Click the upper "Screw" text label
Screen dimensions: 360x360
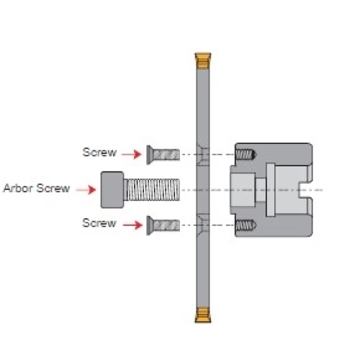pyautogui.click(x=99, y=152)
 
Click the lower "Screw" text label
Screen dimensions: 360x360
pyautogui.click(x=99, y=223)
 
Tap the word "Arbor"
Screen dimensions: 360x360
pyautogui.click(x=18, y=188)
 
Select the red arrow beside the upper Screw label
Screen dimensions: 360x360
pyautogui.click(x=132, y=154)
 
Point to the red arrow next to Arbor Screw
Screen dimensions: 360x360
pyautogui.click(x=86, y=189)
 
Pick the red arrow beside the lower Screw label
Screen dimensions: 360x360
pyautogui.click(x=132, y=225)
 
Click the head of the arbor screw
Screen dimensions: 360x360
pyautogui.click(x=112, y=190)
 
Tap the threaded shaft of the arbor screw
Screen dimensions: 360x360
pyautogui.click(x=152, y=190)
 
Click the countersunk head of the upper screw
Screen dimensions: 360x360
pyautogui.click(x=150, y=155)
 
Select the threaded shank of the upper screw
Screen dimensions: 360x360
pyautogui.click(x=166, y=155)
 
